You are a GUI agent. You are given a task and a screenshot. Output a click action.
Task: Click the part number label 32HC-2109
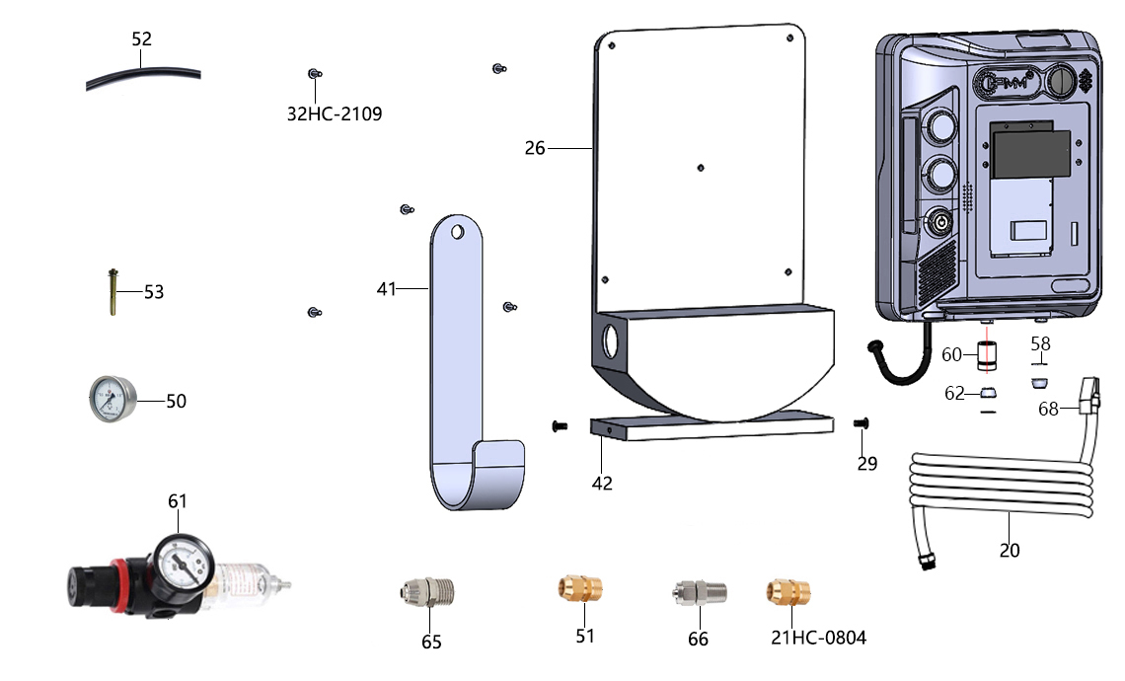(x=335, y=114)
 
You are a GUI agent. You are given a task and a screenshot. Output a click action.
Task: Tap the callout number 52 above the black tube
(x=141, y=38)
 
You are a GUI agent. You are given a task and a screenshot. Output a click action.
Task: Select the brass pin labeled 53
(x=112, y=292)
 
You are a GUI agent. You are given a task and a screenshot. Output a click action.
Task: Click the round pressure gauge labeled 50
(x=112, y=399)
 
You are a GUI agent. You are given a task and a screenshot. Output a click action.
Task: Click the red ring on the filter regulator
(x=119, y=585)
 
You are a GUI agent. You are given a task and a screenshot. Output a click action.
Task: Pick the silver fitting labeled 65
(x=427, y=593)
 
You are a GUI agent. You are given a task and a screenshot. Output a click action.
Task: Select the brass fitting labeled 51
(x=580, y=588)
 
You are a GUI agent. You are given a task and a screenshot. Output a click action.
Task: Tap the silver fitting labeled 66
(x=699, y=593)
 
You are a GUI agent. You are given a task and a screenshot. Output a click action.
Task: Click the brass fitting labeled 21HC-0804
(x=787, y=593)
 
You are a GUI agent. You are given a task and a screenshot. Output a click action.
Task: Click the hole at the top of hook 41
(x=457, y=232)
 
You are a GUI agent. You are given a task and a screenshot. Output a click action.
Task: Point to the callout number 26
(x=535, y=149)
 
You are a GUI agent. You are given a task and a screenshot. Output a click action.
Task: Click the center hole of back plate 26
(x=701, y=168)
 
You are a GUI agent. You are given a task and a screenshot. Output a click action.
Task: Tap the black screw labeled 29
(x=862, y=423)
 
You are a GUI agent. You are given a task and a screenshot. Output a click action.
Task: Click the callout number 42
(x=602, y=484)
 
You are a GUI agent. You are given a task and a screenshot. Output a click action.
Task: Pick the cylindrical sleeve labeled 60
(x=987, y=355)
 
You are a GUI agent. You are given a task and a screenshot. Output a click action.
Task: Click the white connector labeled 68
(x=1089, y=396)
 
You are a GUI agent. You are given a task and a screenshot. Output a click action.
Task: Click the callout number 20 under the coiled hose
(x=1010, y=551)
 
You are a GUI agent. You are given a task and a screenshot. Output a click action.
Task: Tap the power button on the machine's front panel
(x=939, y=224)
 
